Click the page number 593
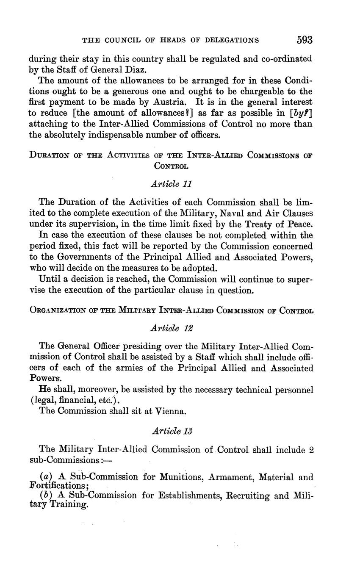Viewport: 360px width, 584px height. [x=304, y=40]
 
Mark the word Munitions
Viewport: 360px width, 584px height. [x=177, y=477]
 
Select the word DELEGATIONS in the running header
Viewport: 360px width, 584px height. [x=231, y=41]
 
